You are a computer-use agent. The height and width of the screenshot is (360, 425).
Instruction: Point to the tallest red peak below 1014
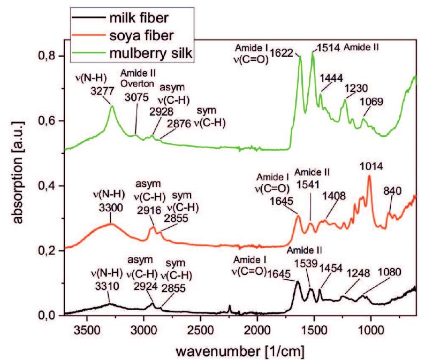tap(369, 178)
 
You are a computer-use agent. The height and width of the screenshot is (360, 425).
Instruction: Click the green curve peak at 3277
tap(112, 106)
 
